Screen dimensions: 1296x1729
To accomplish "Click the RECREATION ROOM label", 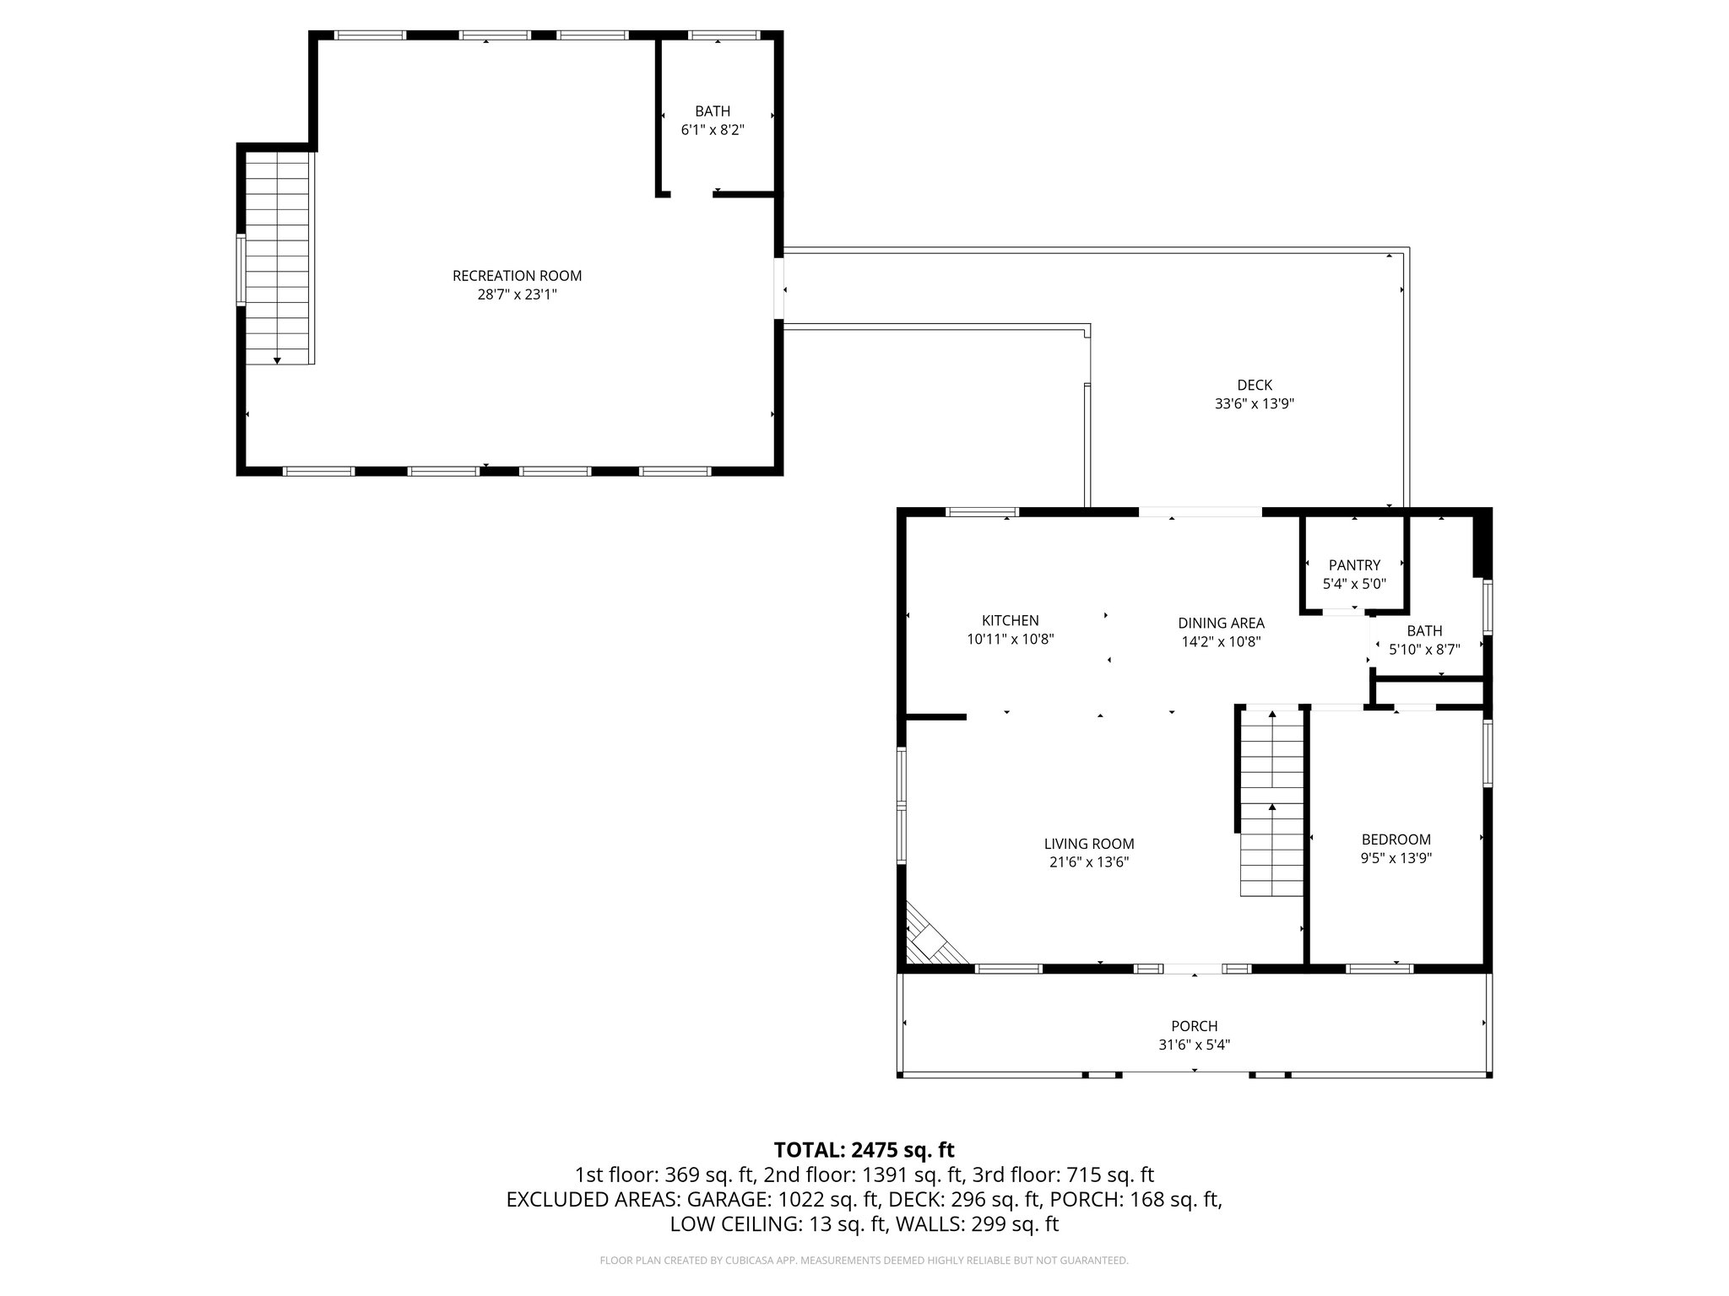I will click(x=517, y=276).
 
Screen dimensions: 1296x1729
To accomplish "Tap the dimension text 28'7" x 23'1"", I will click(x=517, y=294).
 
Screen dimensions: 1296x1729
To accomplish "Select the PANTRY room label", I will click(x=1354, y=565).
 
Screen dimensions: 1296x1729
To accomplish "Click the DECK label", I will click(x=1255, y=386).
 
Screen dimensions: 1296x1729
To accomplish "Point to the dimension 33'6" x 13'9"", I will click(x=1255, y=404).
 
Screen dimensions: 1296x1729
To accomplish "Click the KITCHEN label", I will click(x=1010, y=621).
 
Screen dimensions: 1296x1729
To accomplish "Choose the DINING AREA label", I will click(x=1221, y=624).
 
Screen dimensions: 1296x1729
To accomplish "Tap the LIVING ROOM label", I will click(x=1089, y=844).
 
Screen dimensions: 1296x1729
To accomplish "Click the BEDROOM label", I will click(x=1396, y=840).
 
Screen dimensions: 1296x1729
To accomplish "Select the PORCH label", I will click(x=1194, y=1026).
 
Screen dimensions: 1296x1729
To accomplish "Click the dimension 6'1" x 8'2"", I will click(x=713, y=130).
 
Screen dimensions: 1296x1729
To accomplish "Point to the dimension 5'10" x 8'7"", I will click(x=1424, y=650).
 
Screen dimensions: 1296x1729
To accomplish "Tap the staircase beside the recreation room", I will click(x=277, y=257).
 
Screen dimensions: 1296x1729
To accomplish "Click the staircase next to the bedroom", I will click(x=1272, y=802).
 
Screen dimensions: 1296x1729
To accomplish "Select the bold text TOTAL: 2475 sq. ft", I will click(x=864, y=1149).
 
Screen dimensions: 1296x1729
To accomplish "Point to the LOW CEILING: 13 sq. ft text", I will click(x=779, y=1223).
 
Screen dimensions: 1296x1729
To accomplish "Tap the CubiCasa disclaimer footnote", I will click(x=864, y=1261).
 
